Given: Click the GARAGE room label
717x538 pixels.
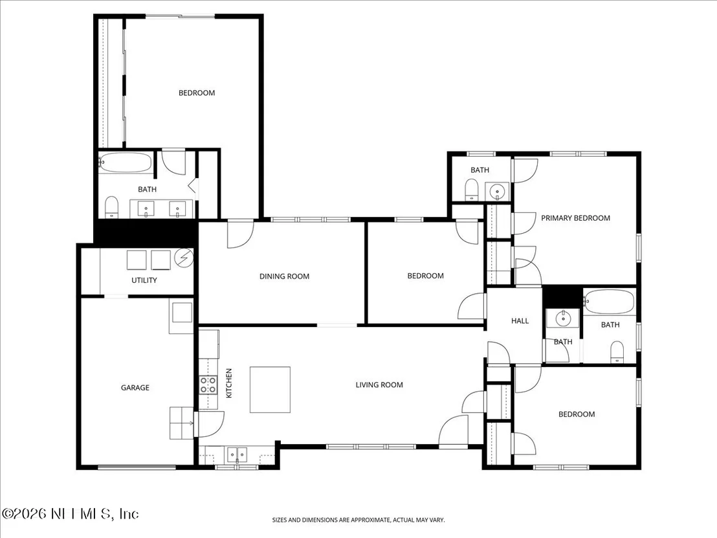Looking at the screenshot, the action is [x=135, y=388].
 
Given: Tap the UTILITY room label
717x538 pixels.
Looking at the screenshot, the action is [x=144, y=280].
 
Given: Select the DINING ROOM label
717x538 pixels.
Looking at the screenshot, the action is [x=285, y=276].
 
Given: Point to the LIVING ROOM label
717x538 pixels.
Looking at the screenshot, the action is [x=380, y=385].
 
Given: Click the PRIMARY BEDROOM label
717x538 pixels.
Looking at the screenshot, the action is [x=576, y=218].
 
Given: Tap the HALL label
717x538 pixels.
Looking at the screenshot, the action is [x=520, y=321].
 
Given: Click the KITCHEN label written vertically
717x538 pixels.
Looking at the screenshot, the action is [x=229, y=383].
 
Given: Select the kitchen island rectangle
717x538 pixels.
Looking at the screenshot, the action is [x=270, y=390].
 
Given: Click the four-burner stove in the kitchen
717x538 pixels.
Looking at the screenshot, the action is [x=208, y=385].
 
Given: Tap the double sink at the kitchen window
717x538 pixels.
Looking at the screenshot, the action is [x=237, y=454].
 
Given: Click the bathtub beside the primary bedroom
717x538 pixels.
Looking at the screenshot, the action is [x=609, y=302].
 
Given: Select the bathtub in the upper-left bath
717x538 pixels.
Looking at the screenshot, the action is [x=126, y=163].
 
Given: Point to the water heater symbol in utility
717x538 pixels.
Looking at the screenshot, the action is [x=184, y=258].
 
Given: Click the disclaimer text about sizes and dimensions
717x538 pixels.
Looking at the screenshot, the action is [x=358, y=520].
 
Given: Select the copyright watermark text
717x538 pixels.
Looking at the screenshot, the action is [x=70, y=514].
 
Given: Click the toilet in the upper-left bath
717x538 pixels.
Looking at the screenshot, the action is [x=111, y=207].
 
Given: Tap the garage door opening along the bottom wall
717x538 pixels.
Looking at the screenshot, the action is [x=137, y=467].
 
